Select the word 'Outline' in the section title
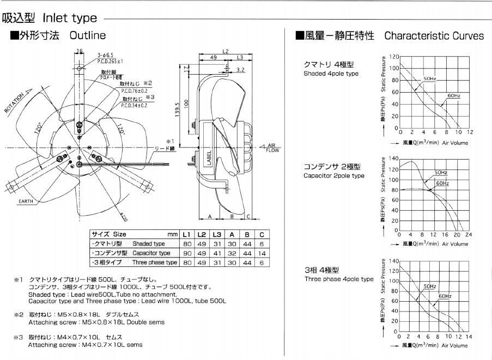pyautogui.click(x=87, y=36)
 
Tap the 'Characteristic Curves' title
pyautogui.click(x=434, y=36)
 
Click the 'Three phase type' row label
pyautogui.click(x=155, y=263)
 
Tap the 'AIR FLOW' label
pyautogui.click(x=272, y=147)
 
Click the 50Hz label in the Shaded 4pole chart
pyautogui.click(x=429, y=80)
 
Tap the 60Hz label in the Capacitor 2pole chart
pyautogui.click(x=442, y=183)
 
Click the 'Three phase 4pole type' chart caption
pyautogui.click(x=339, y=279)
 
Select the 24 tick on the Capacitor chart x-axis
pyautogui.click(x=469, y=235)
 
